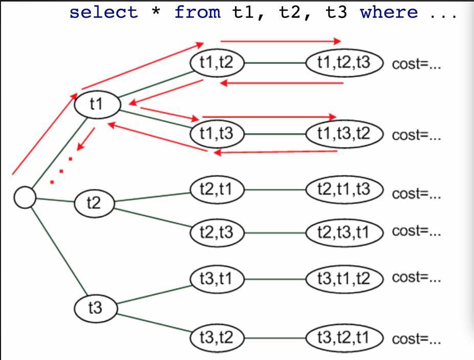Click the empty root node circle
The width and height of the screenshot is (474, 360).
pyautogui.click(x=25, y=197)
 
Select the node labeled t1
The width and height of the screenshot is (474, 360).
pyautogui.click(x=97, y=104)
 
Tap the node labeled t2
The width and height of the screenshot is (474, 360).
pyautogui.click(x=94, y=204)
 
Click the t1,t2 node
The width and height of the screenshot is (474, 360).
pyautogui.click(x=217, y=63)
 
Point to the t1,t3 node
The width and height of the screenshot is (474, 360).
pyautogui.click(x=217, y=134)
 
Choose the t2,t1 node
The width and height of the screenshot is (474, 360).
pyautogui.click(x=217, y=189)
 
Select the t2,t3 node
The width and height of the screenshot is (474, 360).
pyautogui.click(x=217, y=233)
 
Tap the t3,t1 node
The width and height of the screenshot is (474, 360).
pyautogui.click(x=217, y=279)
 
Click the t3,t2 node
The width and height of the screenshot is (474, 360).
pyautogui.click(x=217, y=338)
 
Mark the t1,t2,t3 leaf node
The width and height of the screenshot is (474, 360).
pyautogui.click(x=344, y=63)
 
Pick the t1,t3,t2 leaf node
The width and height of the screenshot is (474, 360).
pyautogui.click(x=344, y=134)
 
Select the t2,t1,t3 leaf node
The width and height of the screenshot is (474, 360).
pyautogui.click(x=344, y=189)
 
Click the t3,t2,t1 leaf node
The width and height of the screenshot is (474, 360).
pyautogui.click(x=344, y=338)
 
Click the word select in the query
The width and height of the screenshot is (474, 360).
pyautogui.click(x=104, y=12)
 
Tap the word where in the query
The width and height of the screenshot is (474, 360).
pyautogui.click(x=389, y=12)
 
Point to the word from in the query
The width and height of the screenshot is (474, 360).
pyautogui.click(x=198, y=12)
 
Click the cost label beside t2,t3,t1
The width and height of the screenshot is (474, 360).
pyautogui.click(x=416, y=231)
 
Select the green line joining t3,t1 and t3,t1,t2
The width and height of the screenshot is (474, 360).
pyautogui.click(x=275, y=279)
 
